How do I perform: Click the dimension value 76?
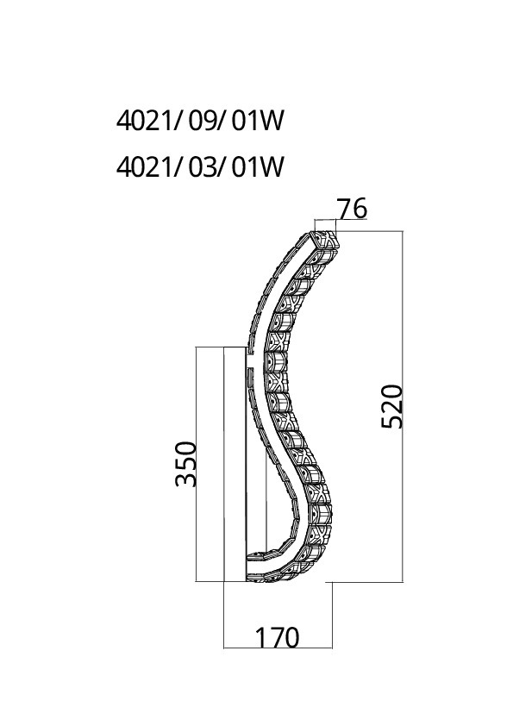click(352, 209)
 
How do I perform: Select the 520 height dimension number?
click(392, 406)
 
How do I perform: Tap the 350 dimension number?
click(186, 464)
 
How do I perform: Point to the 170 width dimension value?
click(278, 638)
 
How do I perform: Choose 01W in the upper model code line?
click(257, 122)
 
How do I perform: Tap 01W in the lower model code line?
click(257, 167)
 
